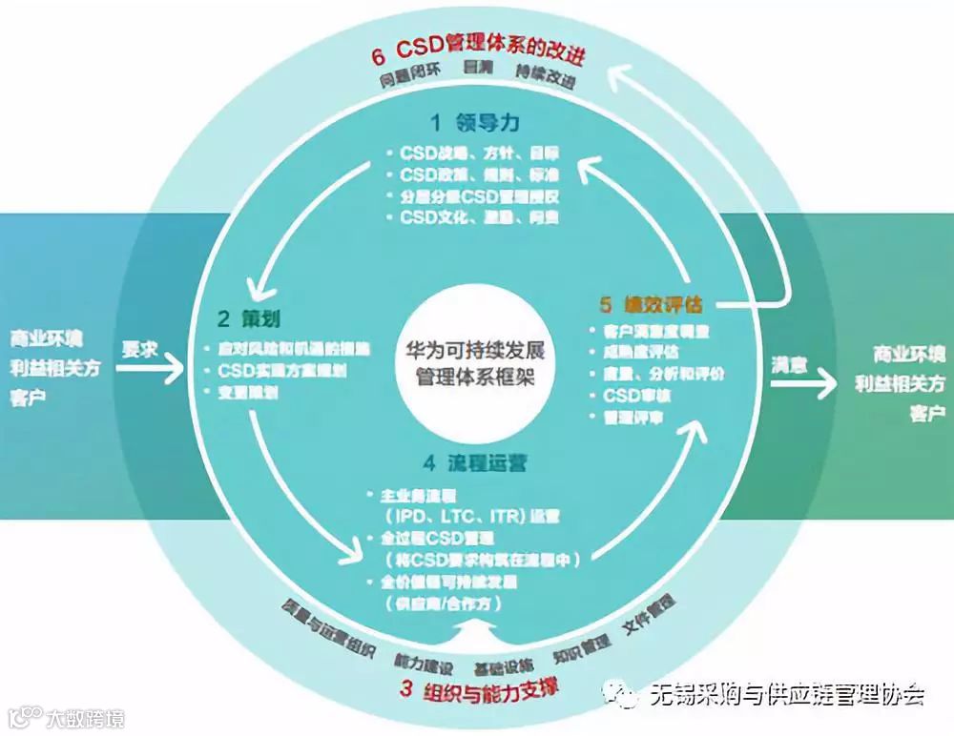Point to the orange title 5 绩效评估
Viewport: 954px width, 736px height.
point(651,306)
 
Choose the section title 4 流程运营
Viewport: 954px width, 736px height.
point(474,464)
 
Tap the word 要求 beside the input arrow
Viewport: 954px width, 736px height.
point(139,350)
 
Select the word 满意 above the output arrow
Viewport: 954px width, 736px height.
point(790,365)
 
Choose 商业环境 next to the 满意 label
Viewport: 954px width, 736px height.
point(908,355)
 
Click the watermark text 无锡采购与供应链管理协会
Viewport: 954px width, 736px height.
point(786,695)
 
